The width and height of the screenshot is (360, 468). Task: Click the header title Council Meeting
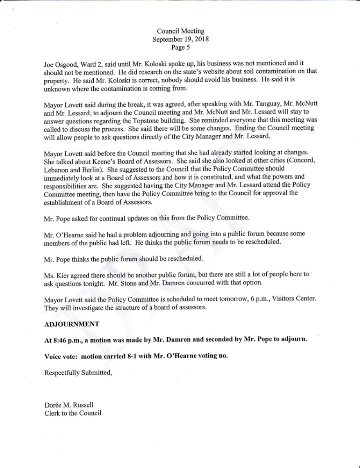[180, 31]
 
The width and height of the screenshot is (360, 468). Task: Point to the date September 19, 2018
[180, 39]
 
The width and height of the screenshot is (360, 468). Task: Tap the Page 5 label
[180, 47]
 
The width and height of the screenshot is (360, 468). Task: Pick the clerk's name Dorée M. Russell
[69, 405]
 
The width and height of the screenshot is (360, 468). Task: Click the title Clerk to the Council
[73, 413]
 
